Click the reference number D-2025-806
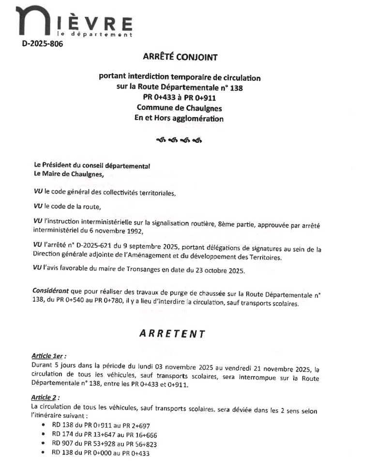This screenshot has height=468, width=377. [x=42, y=45]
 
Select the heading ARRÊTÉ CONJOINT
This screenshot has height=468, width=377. [x=180, y=57]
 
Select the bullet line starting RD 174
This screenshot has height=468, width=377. [x=104, y=435]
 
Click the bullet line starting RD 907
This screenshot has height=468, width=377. [x=104, y=444]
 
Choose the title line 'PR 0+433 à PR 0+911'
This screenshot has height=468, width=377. [x=180, y=98]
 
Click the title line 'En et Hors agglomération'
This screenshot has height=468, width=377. [x=180, y=118]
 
